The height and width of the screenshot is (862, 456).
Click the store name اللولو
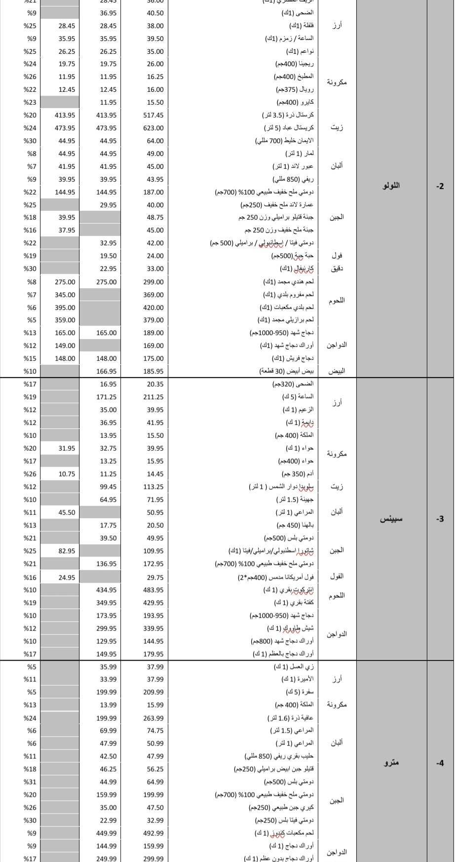point(391,186)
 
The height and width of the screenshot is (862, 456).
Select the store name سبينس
point(391,519)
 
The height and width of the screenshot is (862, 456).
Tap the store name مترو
point(391,762)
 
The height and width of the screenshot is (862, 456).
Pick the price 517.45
point(153,115)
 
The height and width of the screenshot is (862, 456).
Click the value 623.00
point(153,128)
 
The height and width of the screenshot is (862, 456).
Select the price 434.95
point(107,590)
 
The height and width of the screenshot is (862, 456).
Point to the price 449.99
point(107,833)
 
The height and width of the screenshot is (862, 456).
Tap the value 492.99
point(153,833)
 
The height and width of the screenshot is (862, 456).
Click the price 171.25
point(107,397)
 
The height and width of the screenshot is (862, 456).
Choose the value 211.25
point(153,397)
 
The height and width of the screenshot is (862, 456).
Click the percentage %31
point(30,782)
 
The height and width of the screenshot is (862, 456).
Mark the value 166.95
point(107,371)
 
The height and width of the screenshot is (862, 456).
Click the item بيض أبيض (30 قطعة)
point(286,371)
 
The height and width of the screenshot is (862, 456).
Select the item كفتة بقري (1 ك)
point(294,602)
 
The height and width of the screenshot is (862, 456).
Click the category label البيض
point(336,371)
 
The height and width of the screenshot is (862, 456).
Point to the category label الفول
point(336,576)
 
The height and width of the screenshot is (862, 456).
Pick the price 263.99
point(153,718)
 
